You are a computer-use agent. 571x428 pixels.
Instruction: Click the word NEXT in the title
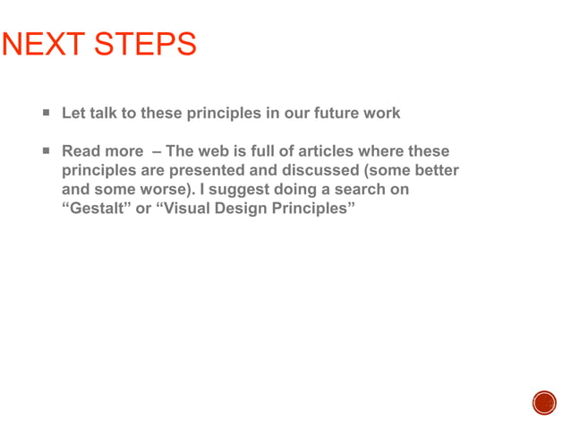click(42, 45)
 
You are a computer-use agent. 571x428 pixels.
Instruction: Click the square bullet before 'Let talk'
click(45, 114)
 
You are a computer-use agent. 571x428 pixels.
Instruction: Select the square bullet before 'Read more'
click(45, 151)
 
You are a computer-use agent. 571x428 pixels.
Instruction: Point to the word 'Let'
click(73, 114)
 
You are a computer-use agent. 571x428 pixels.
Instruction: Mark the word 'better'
click(435, 170)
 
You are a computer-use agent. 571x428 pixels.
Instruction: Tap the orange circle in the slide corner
click(544, 403)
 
